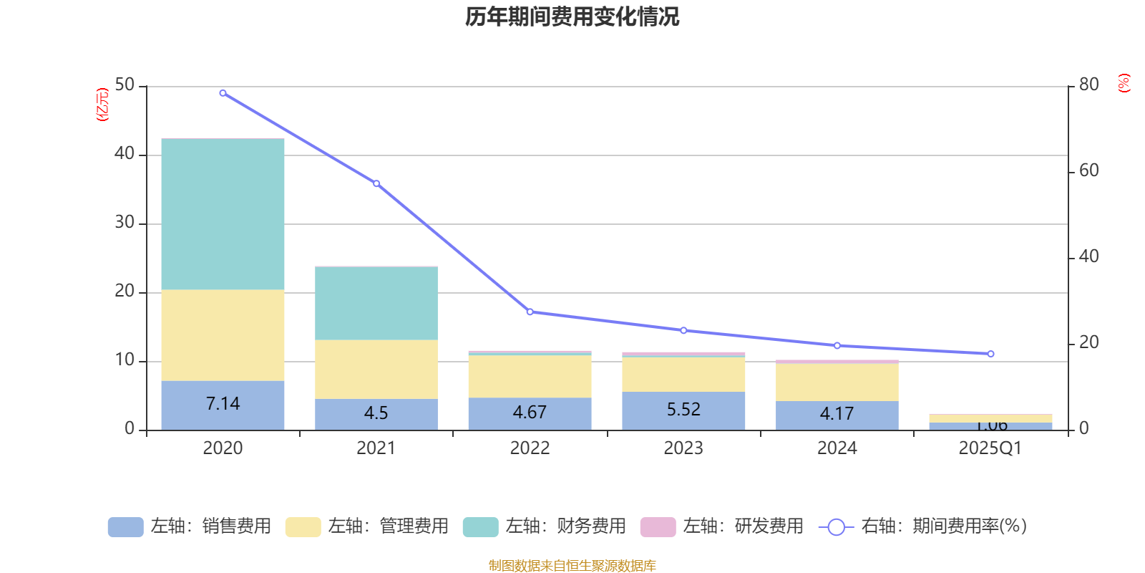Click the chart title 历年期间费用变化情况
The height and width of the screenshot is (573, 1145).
(x=572, y=16)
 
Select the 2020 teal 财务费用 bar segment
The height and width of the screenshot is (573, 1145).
(x=223, y=213)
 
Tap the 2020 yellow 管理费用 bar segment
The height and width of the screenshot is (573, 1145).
(x=223, y=334)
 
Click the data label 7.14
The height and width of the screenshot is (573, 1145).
(x=223, y=404)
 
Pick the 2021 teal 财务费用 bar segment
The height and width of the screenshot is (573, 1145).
(x=376, y=303)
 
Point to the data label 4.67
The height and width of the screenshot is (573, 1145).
(x=530, y=413)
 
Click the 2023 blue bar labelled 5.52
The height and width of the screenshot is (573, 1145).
(x=683, y=410)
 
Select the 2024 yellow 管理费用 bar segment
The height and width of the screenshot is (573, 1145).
(x=837, y=382)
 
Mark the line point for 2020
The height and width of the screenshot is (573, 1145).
(x=223, y=93)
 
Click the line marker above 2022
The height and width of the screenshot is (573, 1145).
(x=530, y=312)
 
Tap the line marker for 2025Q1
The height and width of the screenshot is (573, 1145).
(x=990, y=354)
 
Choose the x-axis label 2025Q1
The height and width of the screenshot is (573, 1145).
(x=990, y=448)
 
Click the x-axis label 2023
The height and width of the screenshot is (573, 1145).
(x=683, y=448)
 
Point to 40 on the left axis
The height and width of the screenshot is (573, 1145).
(x=125, y=153)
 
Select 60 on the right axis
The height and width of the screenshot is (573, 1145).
(x=1088, y=170)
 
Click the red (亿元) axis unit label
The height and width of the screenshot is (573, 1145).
(x=102, y=105)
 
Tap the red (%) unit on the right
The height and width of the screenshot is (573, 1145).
(x=1124, y=83)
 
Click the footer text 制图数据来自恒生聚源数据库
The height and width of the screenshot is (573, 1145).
(x=572, y=566)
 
